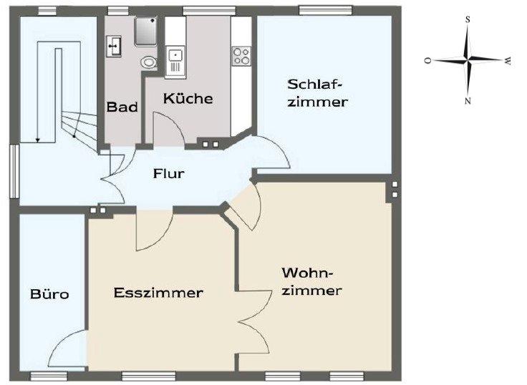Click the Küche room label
pyautogui.click(x=188, y=98)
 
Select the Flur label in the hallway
pyautogui.click(x=169, y=173)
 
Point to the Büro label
pyautogui.click(x=49, y=294)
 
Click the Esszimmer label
pyautogui.click(x=158, y=293)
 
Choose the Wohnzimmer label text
pyautogui.click(x=311, y=282)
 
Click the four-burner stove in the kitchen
pyautogui.click(x=241, y=54)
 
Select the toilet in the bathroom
pyautogui.click(x=149, y=62)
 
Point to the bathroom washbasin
pyautogui.click(x=115, y=46)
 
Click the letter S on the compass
pyautogui.click(x=468, y=20)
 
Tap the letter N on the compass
pyautogui.click(x=468, y=101)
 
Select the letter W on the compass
pyautogui.click(x=507, y=62)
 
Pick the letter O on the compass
pyautogui.click(x=427, y=62)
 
